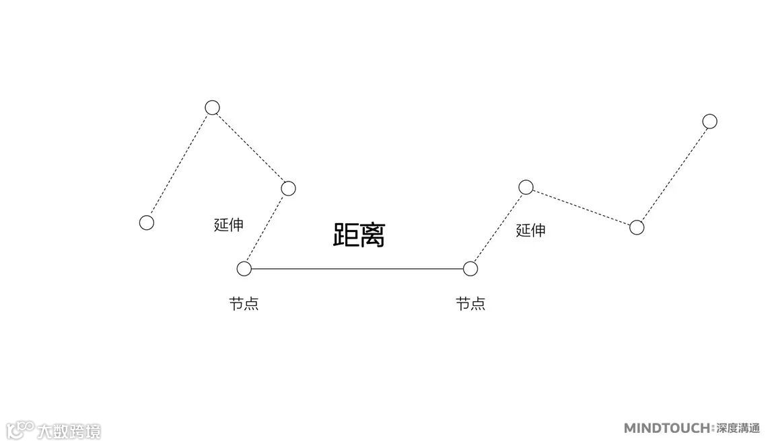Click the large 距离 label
click(x=359, y=235)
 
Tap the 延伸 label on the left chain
click(x=228, y=225)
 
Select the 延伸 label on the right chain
click(x=530, y=231)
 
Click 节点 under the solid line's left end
click(x=244, y=304)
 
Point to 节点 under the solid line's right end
click(x=470, y=304)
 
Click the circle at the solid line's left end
click(x=244, y=269)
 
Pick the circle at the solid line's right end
click(x=470, y=269)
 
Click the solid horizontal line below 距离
click(x=357, y=269)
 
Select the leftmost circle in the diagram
click(x=147, y=222)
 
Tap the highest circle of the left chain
click(x=213, y=108)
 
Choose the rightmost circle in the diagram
click(x=709, y=121)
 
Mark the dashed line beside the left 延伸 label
click(x=267, y=229)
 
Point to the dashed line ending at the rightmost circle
click(x=673, y=174)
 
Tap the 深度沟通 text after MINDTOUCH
click(x=737, y=428)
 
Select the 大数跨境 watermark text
click(x=69, y=431)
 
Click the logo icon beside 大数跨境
click(x=20, y=430)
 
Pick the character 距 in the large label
click(x=346, y=235)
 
